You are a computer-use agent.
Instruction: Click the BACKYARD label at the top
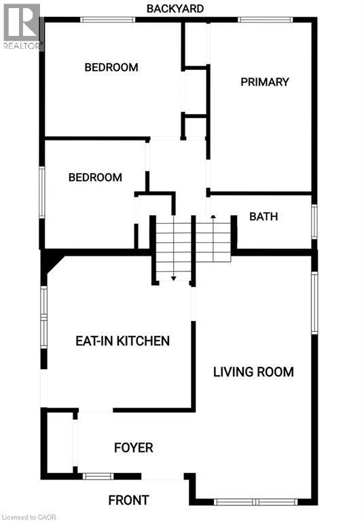(175, 8)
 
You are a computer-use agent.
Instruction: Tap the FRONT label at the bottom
(128, 501)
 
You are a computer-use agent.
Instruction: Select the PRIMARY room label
(265, 82)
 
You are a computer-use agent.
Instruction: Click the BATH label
(263, 217)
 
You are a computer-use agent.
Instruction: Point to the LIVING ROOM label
(253, 372)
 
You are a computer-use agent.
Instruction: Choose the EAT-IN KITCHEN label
(122, 341)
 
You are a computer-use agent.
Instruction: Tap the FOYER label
(133, 448)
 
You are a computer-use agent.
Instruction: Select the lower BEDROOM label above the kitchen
(95, 178)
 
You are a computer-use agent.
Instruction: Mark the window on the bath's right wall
(314, 221)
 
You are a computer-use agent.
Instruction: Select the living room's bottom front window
(255, 501)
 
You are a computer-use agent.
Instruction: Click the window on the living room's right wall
(314, 303)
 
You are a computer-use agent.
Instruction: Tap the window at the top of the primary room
(265, 20)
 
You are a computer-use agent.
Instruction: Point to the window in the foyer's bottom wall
(98, 476)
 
